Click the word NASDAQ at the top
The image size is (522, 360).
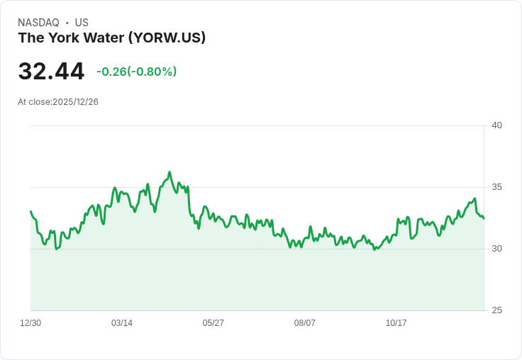point(38,23)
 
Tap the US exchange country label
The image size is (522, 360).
point(82,23)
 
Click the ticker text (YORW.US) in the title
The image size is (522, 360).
point(167,38)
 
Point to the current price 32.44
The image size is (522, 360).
point(51,72)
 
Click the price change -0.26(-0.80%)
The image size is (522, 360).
point(136,72)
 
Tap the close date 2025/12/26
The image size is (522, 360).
point(75,102)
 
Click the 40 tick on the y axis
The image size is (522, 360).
point(497,125)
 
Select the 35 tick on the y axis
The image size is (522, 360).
point(497,187)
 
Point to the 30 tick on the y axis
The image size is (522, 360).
point(497,249)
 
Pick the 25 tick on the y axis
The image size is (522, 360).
point(497,310)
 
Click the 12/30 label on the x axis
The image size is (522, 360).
point(30,323)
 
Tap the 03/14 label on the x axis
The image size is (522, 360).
point(122,323)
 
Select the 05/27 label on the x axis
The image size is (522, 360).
point(213,323)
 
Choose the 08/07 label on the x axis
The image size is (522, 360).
point(305,323)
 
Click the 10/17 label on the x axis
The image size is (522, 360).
point(396,323)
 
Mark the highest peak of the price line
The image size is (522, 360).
point(170,172)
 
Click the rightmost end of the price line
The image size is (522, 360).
point(484,218)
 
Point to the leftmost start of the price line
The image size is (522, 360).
point(30,211)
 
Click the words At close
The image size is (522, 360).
point(34,102)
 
